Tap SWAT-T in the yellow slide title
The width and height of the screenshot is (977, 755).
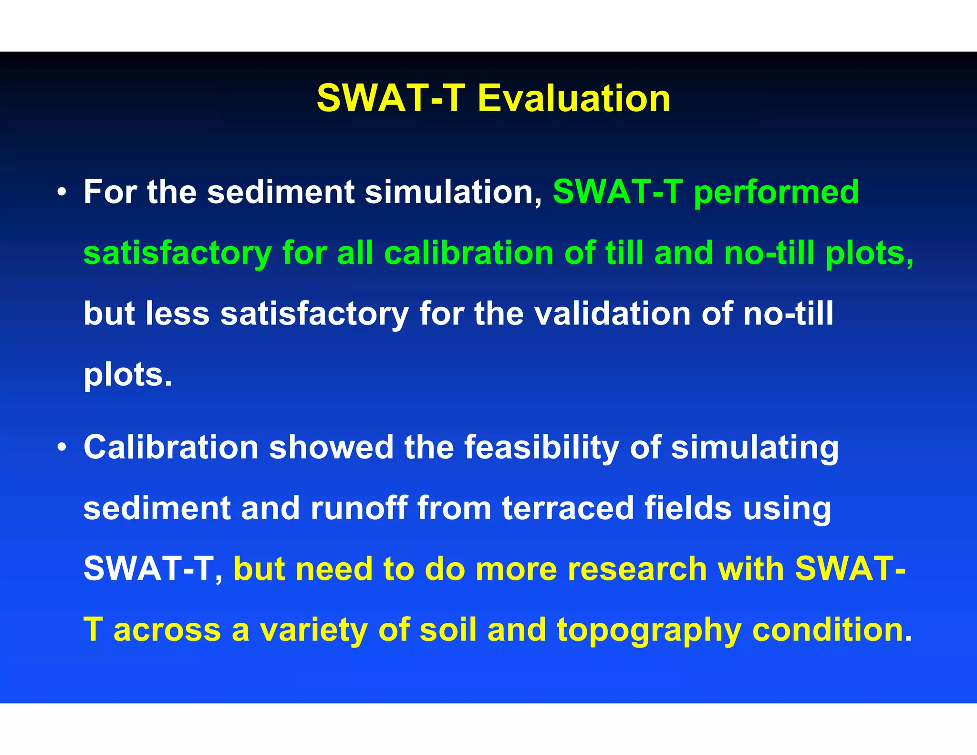point(391,98)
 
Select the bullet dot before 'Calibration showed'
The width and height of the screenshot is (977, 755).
point(61,448)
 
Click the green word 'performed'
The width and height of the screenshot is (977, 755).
point(776,192)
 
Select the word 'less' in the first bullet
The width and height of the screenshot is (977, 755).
point(177,314)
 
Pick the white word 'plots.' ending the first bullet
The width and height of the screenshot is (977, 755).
point(127,375)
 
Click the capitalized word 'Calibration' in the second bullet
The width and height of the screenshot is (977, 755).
point(171,447)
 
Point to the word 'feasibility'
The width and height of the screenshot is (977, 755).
point(541,447)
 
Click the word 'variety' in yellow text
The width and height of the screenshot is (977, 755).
point(312,630)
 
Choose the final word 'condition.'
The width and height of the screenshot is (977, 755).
point(832,630)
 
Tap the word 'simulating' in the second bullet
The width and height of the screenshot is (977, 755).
point(755,447)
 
